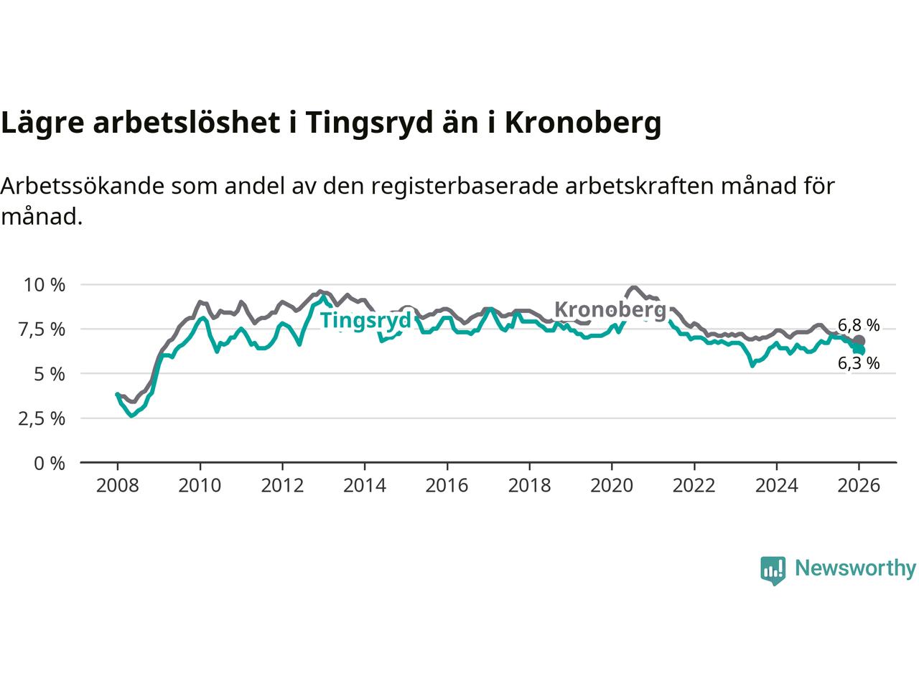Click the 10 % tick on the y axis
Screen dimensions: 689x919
click(45, 285)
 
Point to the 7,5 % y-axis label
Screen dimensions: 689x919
click(45, 329)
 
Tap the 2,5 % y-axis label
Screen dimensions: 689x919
click(45, 418)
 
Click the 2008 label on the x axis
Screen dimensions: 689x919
click(117, 486)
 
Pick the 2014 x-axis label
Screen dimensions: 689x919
click(364, 486)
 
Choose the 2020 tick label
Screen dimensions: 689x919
click(611, 486)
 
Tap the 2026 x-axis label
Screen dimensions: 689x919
click(859, 486)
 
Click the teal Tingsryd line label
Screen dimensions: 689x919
click(365, 320)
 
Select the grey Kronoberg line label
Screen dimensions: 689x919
click(610, 310)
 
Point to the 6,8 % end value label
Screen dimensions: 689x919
click(859, 325)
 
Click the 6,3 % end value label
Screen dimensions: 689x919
click(859, 363)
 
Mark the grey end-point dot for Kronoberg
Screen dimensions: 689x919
click(859, 341)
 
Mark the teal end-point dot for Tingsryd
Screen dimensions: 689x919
click(859, 350)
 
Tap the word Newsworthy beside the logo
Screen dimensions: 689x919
click(855, 568)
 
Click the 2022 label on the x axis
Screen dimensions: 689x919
click(694, 486)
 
